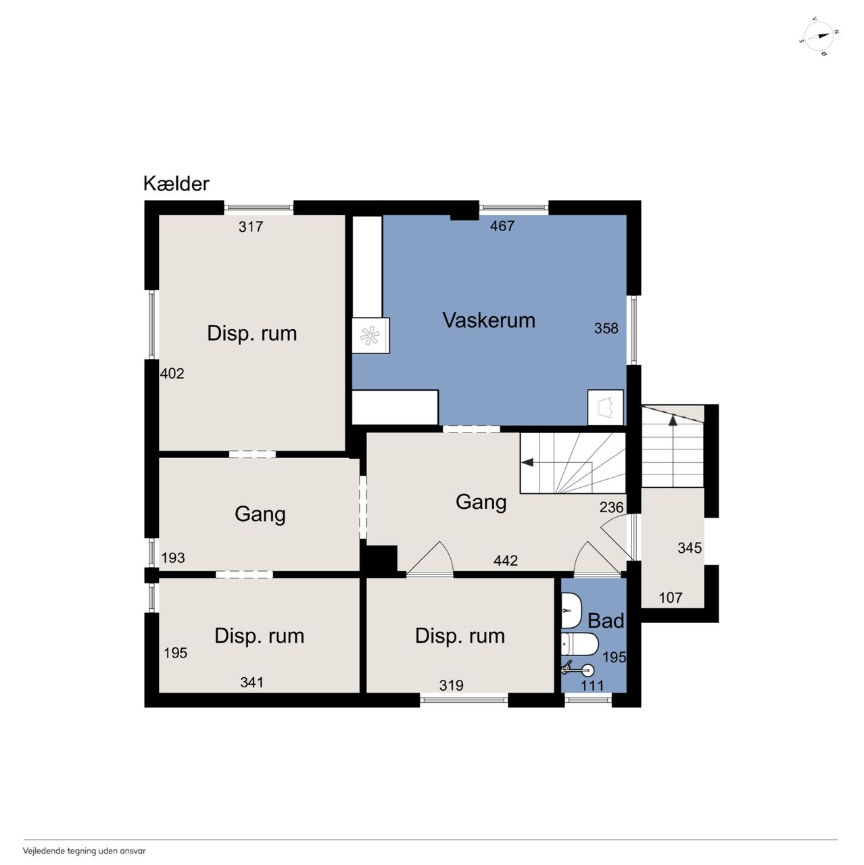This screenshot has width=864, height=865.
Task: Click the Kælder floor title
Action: [176, 184]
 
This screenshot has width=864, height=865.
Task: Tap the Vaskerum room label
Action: [489, 320]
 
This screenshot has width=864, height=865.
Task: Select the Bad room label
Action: [606, 621]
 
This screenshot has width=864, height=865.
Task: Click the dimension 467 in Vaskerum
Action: [502, 226]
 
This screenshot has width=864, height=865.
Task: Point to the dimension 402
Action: [172, 374]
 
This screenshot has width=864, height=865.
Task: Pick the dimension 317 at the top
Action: [251, 226]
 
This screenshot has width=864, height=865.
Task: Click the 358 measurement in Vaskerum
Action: [606, 328]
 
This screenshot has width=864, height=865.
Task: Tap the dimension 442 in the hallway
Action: [506, 560]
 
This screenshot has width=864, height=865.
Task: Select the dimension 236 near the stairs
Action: [611, 508]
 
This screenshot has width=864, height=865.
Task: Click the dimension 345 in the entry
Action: [690, 547]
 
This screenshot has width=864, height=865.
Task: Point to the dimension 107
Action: [671, 597]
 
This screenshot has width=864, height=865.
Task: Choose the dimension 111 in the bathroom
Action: [592, 685]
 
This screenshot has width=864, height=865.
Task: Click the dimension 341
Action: [251, 683]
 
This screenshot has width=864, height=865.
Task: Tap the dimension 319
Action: [452, 685]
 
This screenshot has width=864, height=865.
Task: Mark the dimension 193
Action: [173, 558]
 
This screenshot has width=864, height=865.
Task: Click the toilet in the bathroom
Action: [579, 645]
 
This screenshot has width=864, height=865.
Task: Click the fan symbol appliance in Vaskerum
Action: [370, 335]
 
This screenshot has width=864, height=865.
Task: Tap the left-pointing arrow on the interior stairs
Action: [527, 462]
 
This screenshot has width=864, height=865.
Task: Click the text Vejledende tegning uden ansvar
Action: [85, 850]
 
